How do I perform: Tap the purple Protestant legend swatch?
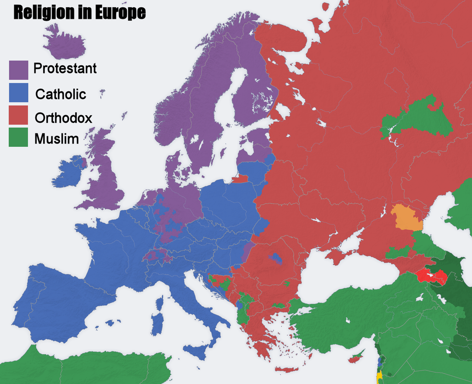click(19, 70)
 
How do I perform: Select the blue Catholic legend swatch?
click(19, 93)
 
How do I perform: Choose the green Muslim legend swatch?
click(19, 137)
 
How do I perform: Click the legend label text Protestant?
click(65, 68)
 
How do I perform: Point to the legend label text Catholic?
click(61, 94)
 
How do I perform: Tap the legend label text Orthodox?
click(63, 117)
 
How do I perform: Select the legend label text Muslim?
click(56, 139)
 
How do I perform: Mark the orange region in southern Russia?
click(406, 217)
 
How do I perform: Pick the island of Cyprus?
click(355, 359)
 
